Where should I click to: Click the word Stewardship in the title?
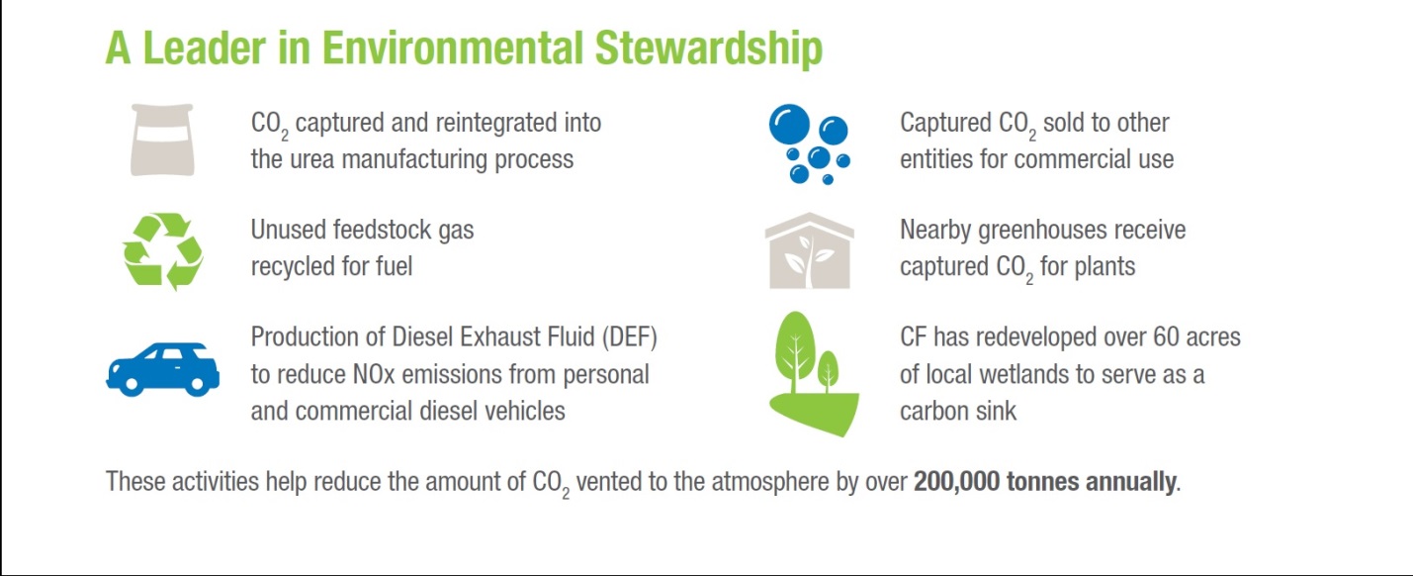coord(708,49)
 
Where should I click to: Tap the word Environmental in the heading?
coord(452,48)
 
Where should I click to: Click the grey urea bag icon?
coord(162,141)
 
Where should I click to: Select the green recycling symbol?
coord(163,251)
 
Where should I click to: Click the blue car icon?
coord(163,369)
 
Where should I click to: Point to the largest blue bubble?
coord(789,123)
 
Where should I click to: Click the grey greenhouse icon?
coord(809,250)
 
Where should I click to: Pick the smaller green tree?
coord(828,370)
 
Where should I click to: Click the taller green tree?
coord(795,351)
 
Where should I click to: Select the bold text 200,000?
coord(956,481)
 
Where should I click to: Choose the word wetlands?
coord(1018,374)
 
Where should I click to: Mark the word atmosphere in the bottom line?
coord(770,483)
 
